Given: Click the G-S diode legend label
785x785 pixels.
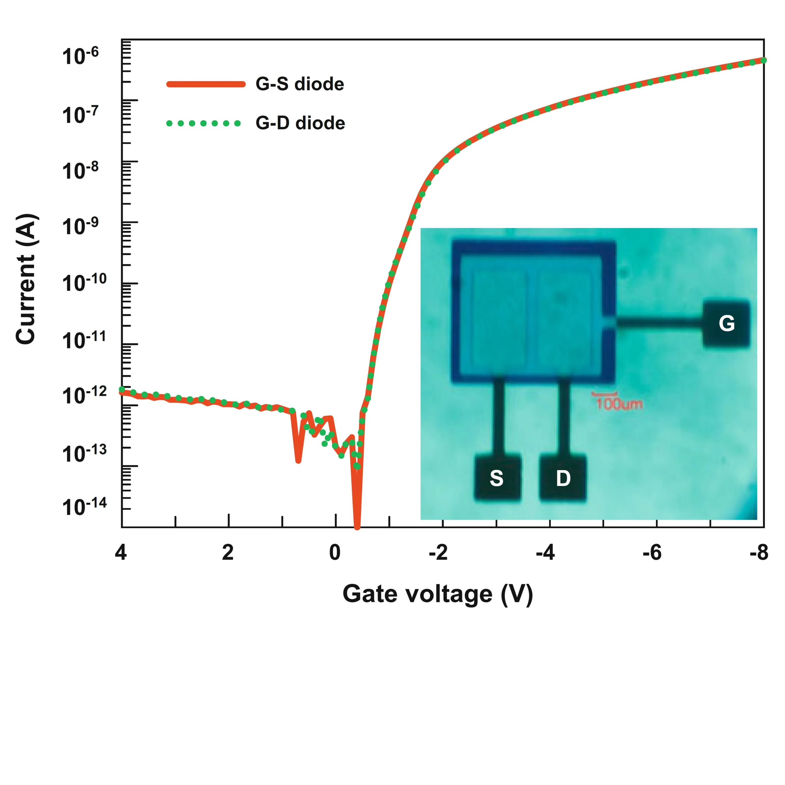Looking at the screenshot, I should (x=300, y=84).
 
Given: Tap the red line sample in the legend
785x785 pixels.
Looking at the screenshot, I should (x=206, y=84).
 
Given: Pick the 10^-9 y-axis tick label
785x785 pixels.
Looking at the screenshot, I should (x=80, y=226).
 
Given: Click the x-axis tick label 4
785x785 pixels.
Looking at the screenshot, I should (x=121, y=553).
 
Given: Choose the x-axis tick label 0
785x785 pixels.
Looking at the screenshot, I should (x=335, y=553).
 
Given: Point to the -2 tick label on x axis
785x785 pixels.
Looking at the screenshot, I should (x=438, y=553).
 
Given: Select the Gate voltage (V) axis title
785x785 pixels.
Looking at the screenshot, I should (x=438, y=594).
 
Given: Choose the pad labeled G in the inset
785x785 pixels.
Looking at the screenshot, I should (x=726, y=323).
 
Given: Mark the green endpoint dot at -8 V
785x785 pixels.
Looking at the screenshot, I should (x=763, y=60).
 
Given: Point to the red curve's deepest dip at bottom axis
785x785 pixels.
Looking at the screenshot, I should (x=357, y=527).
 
